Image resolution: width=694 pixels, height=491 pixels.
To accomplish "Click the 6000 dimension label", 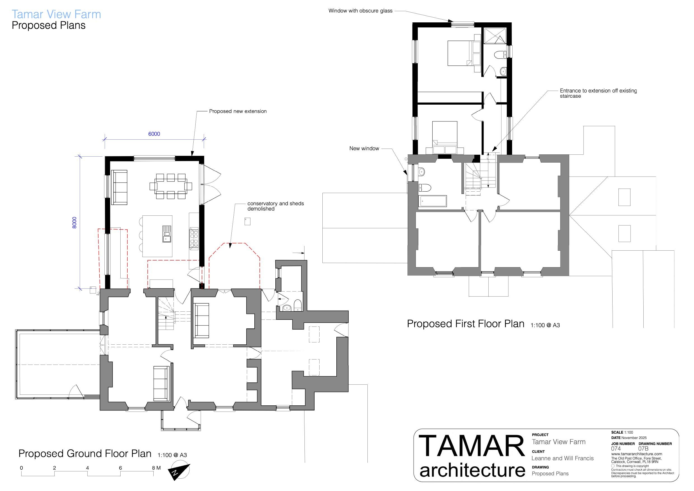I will (154, 134).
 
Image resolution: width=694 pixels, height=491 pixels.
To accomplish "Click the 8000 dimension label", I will (74, 222).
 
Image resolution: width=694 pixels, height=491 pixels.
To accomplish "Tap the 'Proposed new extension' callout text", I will (238, 111).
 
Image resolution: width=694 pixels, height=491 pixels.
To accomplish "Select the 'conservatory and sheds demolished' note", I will (275, 206).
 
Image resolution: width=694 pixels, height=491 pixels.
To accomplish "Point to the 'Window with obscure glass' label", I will (360, 11).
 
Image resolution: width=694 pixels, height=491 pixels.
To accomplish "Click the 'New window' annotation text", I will (364, 149).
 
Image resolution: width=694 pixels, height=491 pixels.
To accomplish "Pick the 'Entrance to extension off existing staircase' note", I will (598, 93).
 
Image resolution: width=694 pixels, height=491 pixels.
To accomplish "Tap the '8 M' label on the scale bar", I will (156, 468).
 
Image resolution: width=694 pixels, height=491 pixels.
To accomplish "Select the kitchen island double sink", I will (167, 234).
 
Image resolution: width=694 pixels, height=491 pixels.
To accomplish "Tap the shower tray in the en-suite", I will (495, 36).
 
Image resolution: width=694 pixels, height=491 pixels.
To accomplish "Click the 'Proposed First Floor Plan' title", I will (465, 324).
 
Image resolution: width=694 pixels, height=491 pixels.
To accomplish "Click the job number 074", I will (616, 449).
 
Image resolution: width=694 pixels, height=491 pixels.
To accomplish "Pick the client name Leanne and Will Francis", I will (562, 458).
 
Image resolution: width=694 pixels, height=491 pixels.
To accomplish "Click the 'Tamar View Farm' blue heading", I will (56, 14).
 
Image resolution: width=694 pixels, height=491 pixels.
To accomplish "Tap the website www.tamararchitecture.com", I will (637, 454).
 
